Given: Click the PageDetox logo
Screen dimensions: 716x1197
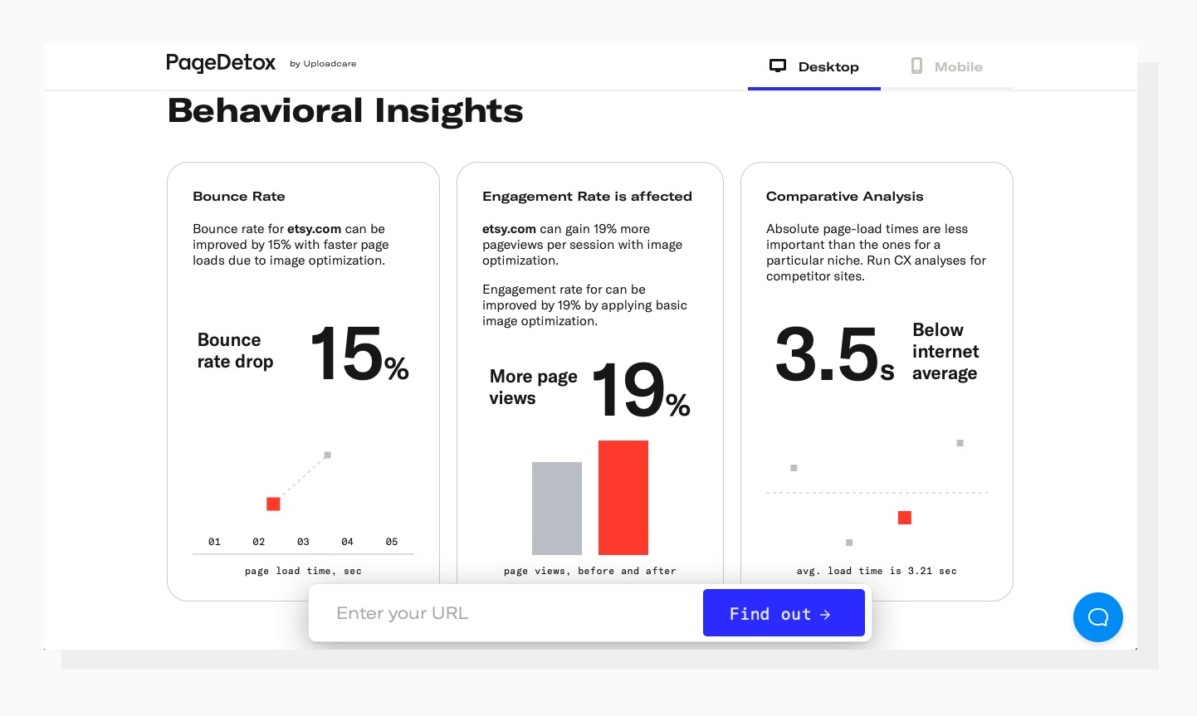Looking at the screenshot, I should pos(221,63).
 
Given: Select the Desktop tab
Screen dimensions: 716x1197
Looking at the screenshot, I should pos(814,66).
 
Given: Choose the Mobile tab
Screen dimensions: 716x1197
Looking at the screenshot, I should pos(946,66).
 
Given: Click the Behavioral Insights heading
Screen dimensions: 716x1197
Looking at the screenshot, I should pos(345,111).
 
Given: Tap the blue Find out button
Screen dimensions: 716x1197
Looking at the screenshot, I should pos(784,613).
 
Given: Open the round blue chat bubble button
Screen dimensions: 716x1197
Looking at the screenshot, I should pos(1097,616).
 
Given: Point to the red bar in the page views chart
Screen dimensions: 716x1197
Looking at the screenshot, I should pos(623,498).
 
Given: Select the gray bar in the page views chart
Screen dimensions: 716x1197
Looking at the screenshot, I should pos(557,508).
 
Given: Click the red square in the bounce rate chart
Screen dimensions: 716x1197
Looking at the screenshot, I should pos(273,504).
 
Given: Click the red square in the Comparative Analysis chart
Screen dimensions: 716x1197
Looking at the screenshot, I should pos(905,518).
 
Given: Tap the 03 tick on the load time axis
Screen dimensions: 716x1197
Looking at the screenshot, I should pos(303,542).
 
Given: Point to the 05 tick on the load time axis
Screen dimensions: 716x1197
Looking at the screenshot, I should pos(392,542).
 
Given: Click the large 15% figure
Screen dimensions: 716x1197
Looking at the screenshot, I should pos(359,354).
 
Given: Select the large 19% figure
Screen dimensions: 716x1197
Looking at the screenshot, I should pos(641,390).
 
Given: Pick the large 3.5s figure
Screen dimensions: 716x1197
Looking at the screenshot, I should pos(834,355).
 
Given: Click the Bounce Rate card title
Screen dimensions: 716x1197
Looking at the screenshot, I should pos(239,197).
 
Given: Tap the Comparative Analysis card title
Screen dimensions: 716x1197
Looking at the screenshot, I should pos(844,197).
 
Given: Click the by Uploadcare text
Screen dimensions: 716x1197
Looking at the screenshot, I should pos(323,64).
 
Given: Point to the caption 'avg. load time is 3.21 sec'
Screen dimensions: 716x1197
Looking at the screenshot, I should pos(877,571).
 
